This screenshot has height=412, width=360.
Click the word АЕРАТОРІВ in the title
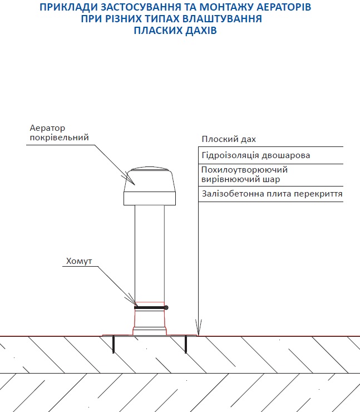[x=275, y=7]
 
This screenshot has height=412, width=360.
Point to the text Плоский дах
[x=229, y=139]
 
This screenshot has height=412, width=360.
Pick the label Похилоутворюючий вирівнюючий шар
[x=244, y=175]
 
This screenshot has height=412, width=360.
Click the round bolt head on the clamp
[x=166, y=308]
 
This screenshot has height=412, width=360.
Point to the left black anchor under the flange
[x=114, y=344]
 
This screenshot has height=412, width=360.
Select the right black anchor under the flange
[x=186, y=344]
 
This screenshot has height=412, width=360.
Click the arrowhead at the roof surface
[x=199, y=328]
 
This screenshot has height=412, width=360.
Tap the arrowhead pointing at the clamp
[x=132, y=300]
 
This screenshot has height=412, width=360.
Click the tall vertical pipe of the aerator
[x=150, y=251]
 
